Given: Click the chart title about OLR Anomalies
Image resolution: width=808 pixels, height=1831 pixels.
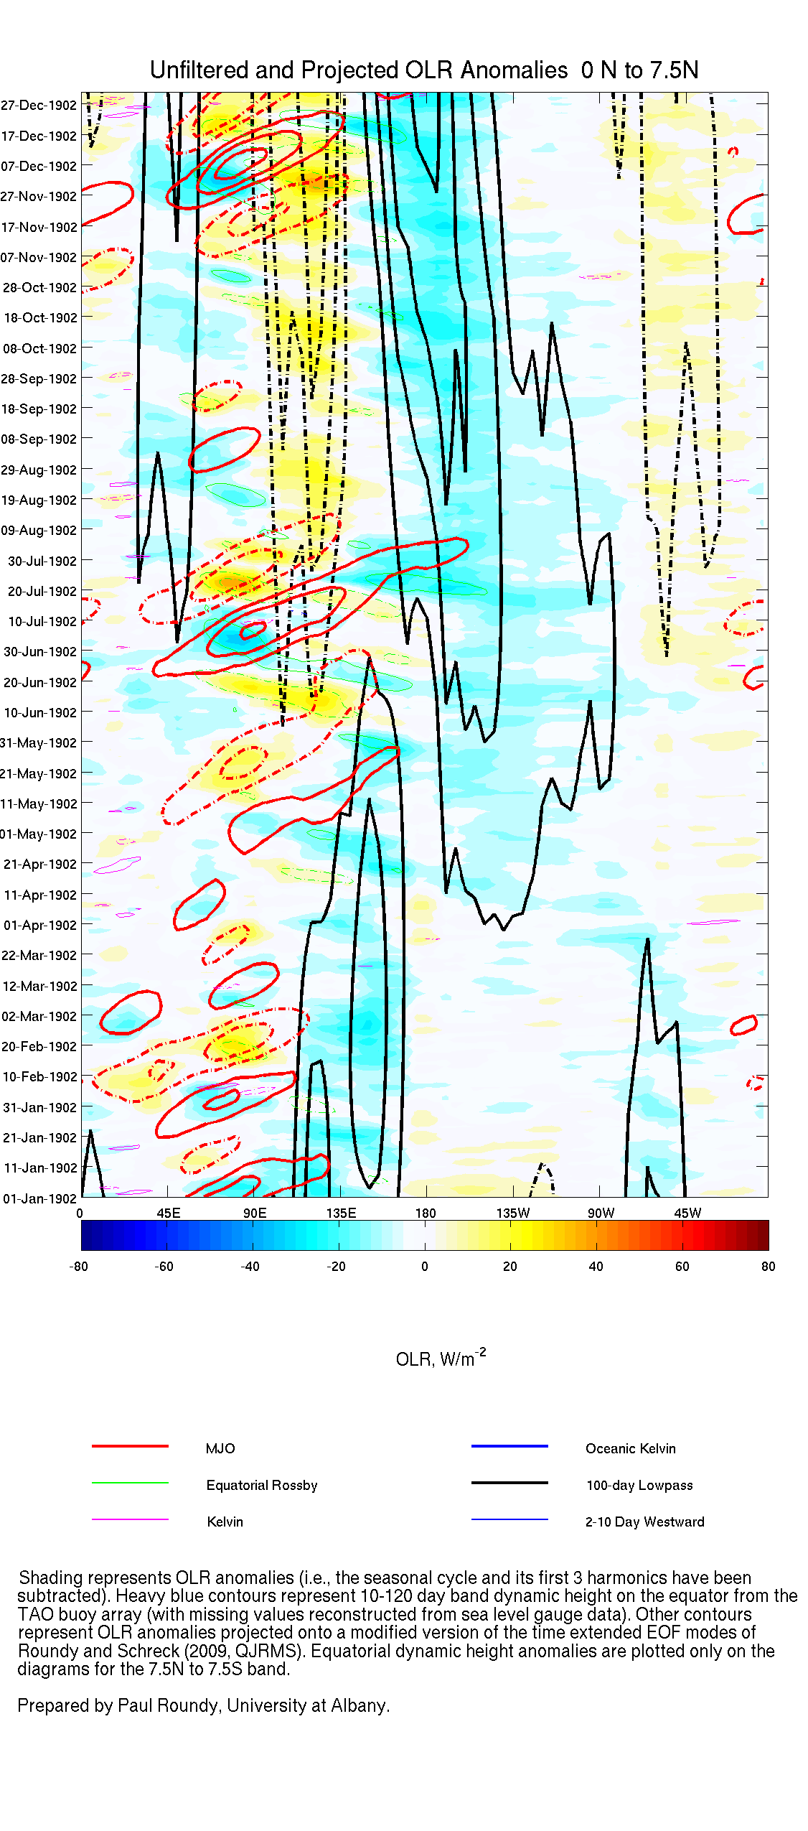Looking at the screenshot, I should click(423, 70).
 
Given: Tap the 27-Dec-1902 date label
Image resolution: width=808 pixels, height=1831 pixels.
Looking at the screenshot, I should click(39, 106).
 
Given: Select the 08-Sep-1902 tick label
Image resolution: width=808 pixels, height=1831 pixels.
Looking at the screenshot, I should click(39, 439).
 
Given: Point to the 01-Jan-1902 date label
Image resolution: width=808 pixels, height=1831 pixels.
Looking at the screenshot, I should click(39, 1198).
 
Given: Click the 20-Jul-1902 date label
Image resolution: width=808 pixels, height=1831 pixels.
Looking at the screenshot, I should click(42, 591).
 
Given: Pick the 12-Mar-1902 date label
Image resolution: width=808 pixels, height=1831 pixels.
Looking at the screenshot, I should click(39, 986).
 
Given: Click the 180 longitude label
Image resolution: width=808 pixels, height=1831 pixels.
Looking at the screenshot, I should click(426, 1213).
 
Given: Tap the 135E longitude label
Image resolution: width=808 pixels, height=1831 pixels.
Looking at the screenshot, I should click(342, 1213).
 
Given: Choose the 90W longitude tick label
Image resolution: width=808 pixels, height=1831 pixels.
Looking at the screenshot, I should click(601, 1213).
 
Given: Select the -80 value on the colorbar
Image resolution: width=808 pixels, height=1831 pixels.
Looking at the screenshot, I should click(78, 1266).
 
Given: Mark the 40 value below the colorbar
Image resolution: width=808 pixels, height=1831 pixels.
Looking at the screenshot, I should click(596, 1266).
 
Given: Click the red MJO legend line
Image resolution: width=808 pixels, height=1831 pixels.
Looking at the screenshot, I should click(130, 1446).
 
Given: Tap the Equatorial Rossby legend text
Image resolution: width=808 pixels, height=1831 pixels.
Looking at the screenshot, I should click(261, 1485).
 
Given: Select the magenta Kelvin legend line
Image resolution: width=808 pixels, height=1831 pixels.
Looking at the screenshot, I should click(130, 1519).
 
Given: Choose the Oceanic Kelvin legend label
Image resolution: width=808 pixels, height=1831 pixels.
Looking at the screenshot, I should click(630, 1448).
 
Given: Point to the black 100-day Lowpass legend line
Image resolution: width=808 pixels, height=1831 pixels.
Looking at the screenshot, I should click(509, 1483).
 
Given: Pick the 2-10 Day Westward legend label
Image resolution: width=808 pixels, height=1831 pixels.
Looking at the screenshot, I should click(644, 1522).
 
